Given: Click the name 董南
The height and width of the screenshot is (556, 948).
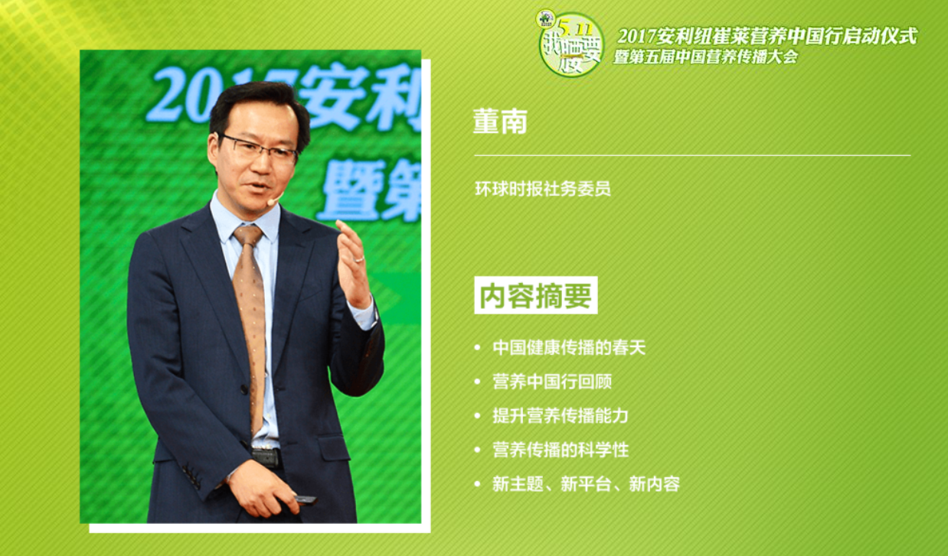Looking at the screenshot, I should [x=500, y=122].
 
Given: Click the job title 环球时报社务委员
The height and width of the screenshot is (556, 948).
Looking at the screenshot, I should [x=542, y=189].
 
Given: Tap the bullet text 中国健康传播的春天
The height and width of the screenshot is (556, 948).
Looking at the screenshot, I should [x=569, y=347].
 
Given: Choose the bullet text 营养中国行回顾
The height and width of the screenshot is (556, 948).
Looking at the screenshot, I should [x=551, y=382].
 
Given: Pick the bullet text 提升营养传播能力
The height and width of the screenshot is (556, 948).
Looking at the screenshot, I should [x=560, y=416].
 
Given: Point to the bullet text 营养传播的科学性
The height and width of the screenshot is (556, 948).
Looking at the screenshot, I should [x=560, y=450].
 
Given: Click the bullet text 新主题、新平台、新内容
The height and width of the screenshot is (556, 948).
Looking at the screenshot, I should [x=586, y=483].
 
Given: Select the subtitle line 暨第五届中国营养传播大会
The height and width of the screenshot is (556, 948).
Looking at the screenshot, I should [x=704, y=57].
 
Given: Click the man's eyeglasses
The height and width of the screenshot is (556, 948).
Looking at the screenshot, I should [x=259, y=148].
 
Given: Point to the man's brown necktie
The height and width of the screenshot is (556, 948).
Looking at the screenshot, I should [x=250, y=321].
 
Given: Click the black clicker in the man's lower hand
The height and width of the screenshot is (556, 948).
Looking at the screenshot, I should [x=304, y=499].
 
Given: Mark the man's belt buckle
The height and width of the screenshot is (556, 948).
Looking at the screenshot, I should [x=266, y=457].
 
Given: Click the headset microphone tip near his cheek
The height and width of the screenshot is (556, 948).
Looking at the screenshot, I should [x=270, y=203].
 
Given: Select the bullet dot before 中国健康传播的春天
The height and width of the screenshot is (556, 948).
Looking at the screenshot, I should [x=477, y=348].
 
